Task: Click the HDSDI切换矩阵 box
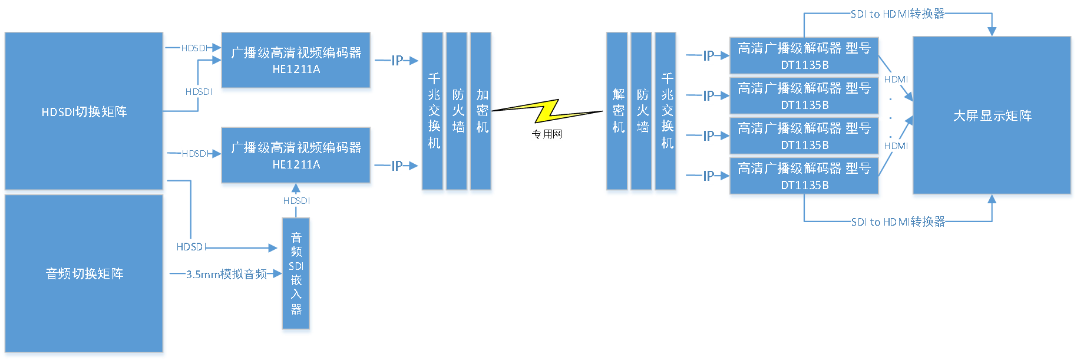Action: pos(84,111)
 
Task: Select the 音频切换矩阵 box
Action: pos(84,273)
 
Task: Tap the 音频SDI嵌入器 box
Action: pos(296,275)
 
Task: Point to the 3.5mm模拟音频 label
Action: pos(226,274)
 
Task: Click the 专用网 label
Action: pos(547,134)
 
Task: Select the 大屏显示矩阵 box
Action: pos(992,116)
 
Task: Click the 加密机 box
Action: pos(482,112)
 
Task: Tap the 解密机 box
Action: pos(617,112)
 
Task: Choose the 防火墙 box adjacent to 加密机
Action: pos(457,112)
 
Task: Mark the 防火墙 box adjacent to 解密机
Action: pos(642,112)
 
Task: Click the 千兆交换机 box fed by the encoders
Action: pos(433,112)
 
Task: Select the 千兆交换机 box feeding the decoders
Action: pos(667,112)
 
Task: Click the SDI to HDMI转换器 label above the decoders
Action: pos(897,14)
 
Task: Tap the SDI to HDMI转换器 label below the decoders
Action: pos(898,222)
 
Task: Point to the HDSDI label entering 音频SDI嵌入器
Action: pos(190,247)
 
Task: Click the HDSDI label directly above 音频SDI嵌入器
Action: pos(295,201)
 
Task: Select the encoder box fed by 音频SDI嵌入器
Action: pos(296,157)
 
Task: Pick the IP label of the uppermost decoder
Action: pos(708,56)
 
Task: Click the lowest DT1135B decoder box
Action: pos(804,177)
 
